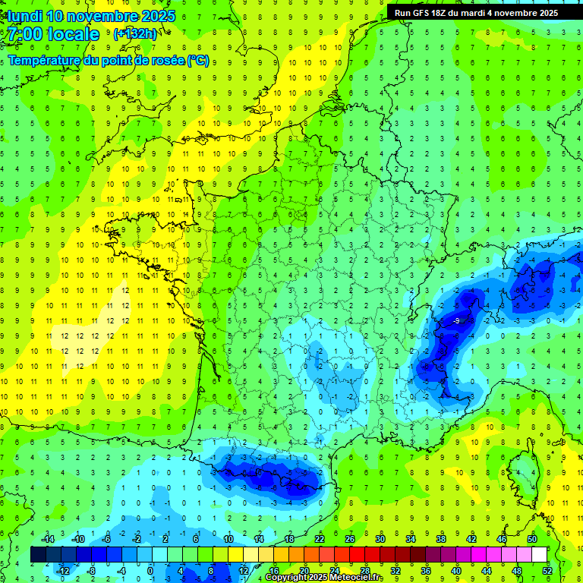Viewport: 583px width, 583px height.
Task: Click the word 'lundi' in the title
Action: (22, 15)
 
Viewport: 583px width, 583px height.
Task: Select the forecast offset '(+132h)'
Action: (135, 33)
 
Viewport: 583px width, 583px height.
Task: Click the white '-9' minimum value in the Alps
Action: (456, 321)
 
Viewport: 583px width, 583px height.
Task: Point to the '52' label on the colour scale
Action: (547, 571)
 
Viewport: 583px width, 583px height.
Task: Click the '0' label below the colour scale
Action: (150, 571)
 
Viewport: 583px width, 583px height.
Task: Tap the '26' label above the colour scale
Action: (350, 539)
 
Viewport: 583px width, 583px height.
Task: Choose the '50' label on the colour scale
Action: (532, 539)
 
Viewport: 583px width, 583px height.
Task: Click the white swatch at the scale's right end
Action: (540, 555)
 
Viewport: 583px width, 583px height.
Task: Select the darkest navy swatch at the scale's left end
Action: (39, 555)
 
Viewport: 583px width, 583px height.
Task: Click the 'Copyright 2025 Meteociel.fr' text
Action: (324, 578)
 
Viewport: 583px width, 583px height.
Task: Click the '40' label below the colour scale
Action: (456, 571)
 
